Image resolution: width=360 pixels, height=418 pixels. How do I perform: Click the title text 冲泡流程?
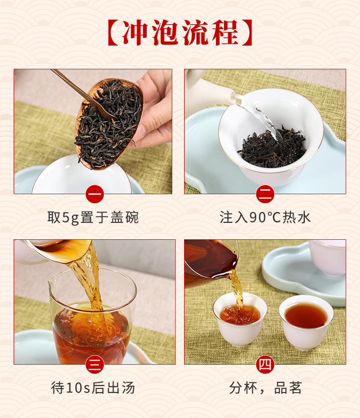click(180, 32)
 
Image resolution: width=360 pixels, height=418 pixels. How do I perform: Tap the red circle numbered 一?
click(95, 194)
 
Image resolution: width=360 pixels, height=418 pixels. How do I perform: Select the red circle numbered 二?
click(265, 194)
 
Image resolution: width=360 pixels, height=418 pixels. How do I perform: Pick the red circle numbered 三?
click(95, 365)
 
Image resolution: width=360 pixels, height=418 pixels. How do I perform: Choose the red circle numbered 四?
click(265, 365)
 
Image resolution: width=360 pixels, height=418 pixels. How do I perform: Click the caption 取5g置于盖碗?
click(93, 217)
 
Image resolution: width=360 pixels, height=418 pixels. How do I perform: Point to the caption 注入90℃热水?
click(265, 217)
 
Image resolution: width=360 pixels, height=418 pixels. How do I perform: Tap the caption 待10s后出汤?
click(93, 388)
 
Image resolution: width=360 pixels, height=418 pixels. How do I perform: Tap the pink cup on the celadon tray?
click(328, 257)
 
